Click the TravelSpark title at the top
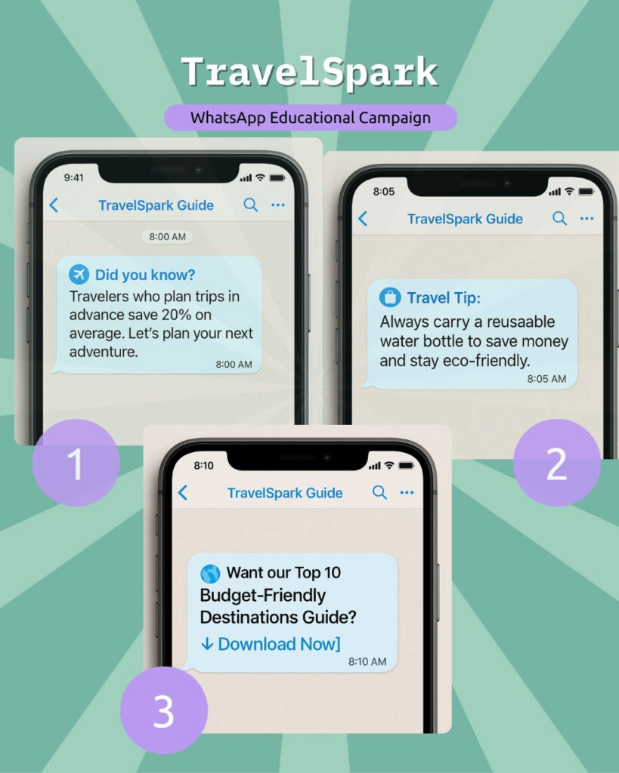[310, 72]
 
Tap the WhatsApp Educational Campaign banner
[311, 117]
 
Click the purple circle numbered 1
[76, 463]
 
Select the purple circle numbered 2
[557, 463]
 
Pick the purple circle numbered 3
[164, 710]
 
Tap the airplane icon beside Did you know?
[79, 274]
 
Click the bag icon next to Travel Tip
[390, 297]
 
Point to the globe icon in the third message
[210, 574]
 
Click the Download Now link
[271, 644]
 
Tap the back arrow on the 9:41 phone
[54, 205]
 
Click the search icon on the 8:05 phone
[560, 218]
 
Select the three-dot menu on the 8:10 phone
[407, 492]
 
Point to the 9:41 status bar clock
[73, 177]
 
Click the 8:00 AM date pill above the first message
[167, 236]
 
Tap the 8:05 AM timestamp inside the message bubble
[546, 379]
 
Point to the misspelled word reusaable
[521, 322]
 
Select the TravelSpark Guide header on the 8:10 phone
[285, 492]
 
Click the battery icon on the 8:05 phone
[586, 191]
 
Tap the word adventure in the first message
[104, 352]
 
